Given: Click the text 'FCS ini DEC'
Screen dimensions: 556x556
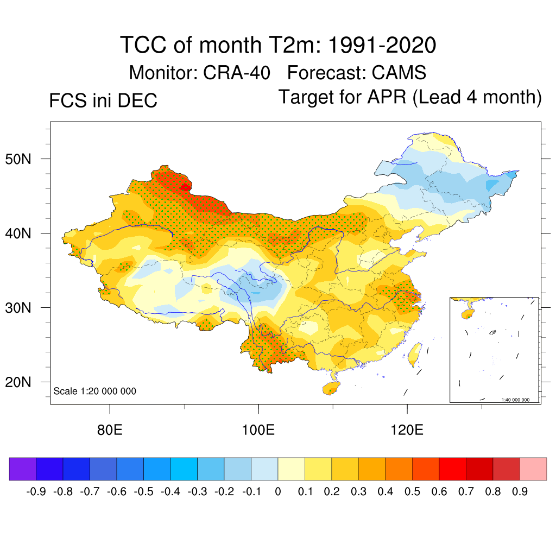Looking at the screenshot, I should tap(103, 101).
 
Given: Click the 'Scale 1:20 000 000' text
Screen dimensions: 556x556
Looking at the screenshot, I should tap(95, 391).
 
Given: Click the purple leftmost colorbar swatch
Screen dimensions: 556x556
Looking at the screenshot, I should tap(23, 469).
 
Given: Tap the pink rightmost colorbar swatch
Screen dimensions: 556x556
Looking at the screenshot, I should tap(533, 469).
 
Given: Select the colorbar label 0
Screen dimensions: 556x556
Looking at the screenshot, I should tap(277, 492).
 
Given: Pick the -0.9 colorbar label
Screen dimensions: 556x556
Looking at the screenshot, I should tap(36, 492).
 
